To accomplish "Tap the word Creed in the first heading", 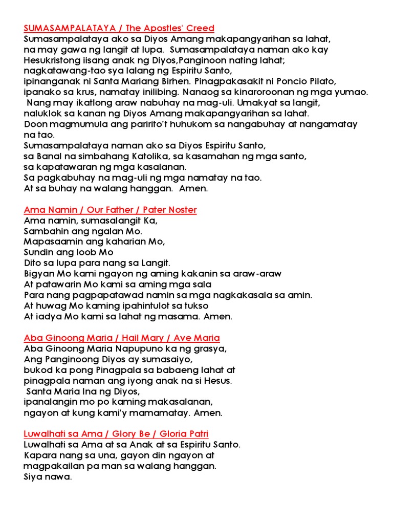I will (x=199, y=28).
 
